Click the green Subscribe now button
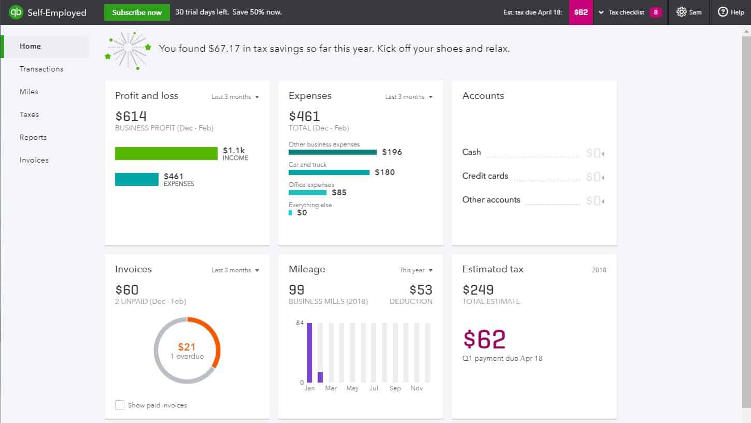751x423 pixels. [x=137, y=12]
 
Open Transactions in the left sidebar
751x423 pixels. [x=41, y=69]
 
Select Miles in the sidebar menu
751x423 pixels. [x=29, y=92]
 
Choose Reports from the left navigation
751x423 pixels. [x=33, y=137]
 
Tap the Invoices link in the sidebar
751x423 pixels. [x=34, y=160]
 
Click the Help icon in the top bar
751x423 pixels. [x=723, y=12]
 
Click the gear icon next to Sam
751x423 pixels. [x=681, y=12]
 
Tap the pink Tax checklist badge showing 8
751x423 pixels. [x=656, y=12]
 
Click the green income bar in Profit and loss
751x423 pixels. [x=166, y=153]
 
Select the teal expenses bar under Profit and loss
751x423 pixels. [x=137, y=179]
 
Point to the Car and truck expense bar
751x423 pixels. [x=329, y=172]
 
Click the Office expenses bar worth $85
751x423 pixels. [x=307, y=192]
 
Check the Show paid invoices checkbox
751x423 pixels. [x=120, y=405]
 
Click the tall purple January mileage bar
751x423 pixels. [x=309, y=353]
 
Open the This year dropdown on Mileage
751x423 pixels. [x=416, y=270]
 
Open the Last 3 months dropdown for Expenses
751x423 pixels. [x=408, y=97]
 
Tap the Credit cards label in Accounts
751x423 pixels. [x=485, y=176]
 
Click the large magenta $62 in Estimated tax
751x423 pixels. [x=484, y=339]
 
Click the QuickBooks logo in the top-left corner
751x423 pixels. [x=16, y=12]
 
